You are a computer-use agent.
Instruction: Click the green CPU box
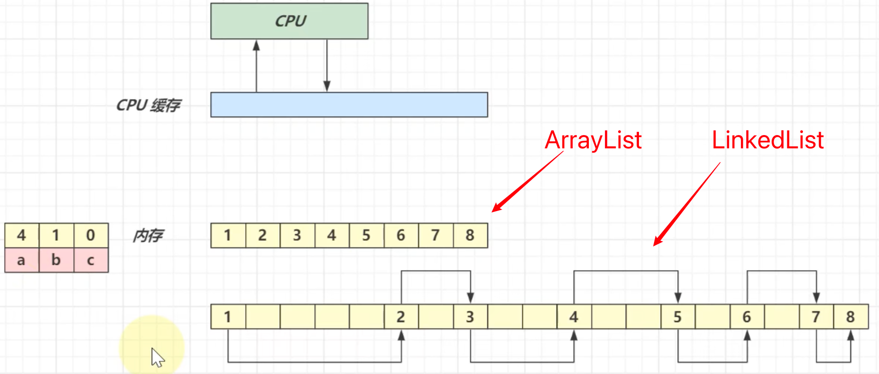click(289, 21)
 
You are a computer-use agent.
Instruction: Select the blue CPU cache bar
click(349, 104)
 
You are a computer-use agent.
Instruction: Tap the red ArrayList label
click(593, 140)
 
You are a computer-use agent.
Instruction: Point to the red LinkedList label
click(767, 140)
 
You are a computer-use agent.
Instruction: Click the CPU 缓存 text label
click(148, 105)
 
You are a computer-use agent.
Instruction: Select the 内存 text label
click(148, 235)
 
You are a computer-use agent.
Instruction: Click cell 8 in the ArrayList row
click(470, 235)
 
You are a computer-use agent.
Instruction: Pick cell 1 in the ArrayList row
click(228, 235)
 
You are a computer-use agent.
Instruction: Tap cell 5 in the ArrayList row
click(366, 235)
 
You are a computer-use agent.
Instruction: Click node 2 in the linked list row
click(401, 316)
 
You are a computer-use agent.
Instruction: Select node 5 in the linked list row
click(677, 316)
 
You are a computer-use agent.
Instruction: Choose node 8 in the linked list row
click(850, 316)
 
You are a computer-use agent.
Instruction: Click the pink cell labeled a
click(21, 260)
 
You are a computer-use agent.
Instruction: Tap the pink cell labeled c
click(91, 260)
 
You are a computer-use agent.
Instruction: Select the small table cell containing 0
click(91, 235)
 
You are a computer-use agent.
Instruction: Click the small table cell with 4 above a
click(21, 235)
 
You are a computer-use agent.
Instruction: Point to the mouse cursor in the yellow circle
click(157, 357)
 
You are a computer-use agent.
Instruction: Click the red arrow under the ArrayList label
click(527, 182)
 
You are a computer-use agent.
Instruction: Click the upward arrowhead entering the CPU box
click(256, 45)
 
